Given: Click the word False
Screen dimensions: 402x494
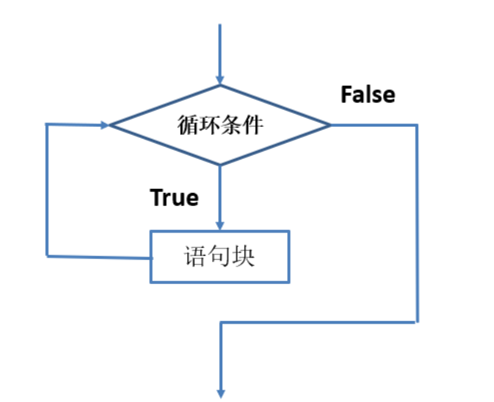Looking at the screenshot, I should point(368,95).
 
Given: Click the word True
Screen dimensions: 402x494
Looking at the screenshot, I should point(174,198).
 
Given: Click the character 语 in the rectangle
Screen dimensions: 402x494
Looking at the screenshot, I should point(195,256).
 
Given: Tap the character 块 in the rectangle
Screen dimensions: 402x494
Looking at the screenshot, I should point(243,256).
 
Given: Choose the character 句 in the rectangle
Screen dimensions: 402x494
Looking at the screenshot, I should point(219,256).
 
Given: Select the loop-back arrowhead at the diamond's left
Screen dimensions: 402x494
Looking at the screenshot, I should point(104,125).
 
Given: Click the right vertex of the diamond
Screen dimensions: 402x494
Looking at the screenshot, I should point(330,125).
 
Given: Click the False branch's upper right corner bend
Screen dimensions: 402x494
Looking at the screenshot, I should point(417,125).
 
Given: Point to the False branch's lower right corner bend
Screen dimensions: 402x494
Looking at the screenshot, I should point(417,322).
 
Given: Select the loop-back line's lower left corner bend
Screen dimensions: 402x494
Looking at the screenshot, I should point(47,256).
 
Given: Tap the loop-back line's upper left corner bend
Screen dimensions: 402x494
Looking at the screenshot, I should point(47,124).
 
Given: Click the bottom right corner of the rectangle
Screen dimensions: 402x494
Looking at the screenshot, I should point(289,281).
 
